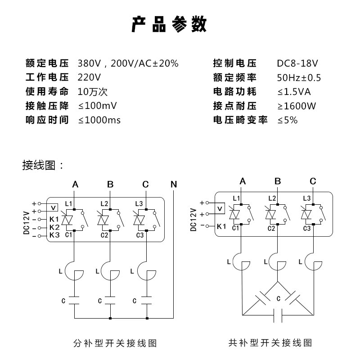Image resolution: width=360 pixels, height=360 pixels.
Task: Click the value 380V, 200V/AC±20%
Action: click(128, 63)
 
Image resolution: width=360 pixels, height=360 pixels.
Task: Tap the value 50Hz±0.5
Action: click(299, 78)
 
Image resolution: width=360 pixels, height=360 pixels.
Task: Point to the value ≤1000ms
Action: click(99, 120)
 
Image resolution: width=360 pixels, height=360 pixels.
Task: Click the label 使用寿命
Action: click(47, 92)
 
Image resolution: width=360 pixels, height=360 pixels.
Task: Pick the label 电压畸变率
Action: click(240, 120)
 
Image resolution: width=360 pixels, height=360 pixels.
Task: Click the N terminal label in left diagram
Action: click(174, 184)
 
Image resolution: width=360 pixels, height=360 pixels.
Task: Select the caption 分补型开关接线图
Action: click(115, 343)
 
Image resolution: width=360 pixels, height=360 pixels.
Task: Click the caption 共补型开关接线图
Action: click(270, 343)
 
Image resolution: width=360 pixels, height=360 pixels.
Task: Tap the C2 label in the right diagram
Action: click(271, 229)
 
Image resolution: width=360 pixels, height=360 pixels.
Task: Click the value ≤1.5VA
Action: click(294, 92)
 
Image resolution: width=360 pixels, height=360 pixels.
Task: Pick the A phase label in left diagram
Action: click(75, 184)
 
